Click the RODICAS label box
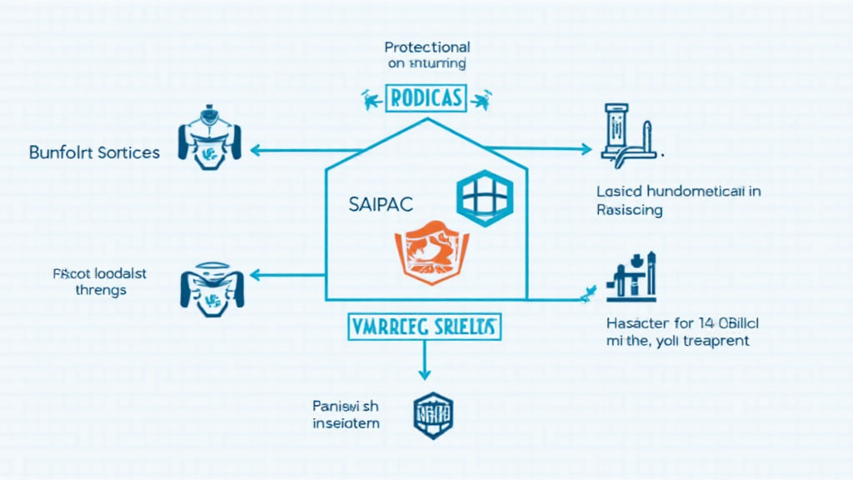click(x=426, y=98)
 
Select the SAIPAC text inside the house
click(x=382, y=204)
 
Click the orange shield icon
click(x=431, y=251)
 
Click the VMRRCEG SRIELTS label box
click(x=425, y=326)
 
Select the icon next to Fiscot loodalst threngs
click(x=204, y=287)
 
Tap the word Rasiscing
click(x=630, y=210)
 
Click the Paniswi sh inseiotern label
click(x=346, y=414)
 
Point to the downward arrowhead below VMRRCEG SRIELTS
click(x=425, y=375)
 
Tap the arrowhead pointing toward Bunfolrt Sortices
click(x=254, y=151)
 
